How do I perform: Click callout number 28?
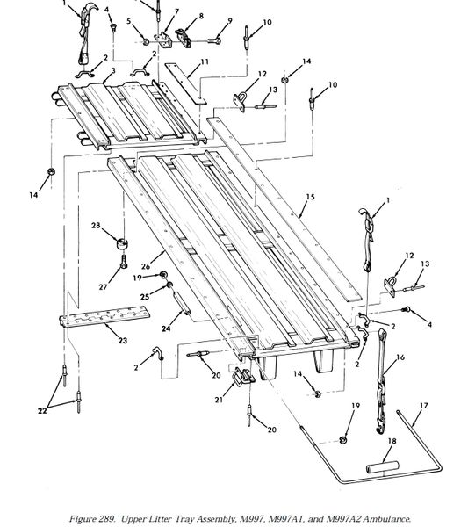[x=96, y=225]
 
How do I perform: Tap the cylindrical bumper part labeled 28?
[x=123, y=243]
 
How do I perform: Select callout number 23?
[x=123, y=341]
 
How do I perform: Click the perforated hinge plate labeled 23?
[x=104, y=316]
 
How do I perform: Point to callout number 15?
[x=311, y=197]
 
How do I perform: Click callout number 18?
[x=392, y=441]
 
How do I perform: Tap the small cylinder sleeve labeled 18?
[x=382, y=467]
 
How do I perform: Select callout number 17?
[x=423, y=406]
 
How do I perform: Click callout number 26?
[x=146, y=266]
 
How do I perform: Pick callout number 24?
[x=166, y=328]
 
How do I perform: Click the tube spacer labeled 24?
[x=181, y=303]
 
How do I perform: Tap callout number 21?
[x=219, y=400]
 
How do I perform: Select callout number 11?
[x=205, y=61]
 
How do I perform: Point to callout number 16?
[x=400, y=357]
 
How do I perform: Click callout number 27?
[x=103, y=287]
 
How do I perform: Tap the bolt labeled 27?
[x=123, y=261]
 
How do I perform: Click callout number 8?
[x=201, y=16]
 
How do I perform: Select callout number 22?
[x=42, y=411]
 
